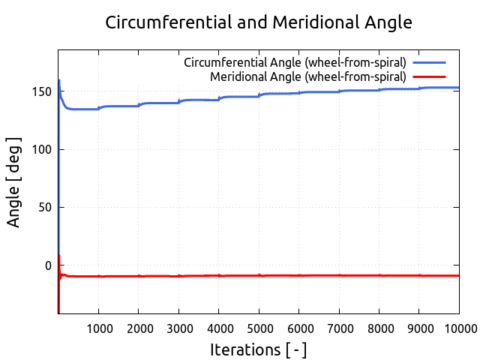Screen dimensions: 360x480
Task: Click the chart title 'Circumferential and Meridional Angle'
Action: (259, 22)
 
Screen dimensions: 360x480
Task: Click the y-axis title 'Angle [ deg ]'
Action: (14, 181)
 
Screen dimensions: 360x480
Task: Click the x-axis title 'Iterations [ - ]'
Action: (258, 349)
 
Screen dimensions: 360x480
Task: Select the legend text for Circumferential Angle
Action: (295, 62)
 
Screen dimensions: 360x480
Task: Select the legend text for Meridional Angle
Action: (308, 76)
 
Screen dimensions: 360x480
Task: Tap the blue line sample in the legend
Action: (429, 62)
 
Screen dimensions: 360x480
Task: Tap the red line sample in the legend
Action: (429, 76)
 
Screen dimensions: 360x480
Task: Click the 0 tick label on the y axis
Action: (48, 265)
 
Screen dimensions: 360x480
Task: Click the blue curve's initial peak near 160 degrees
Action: (58, 80)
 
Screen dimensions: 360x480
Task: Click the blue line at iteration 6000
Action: (298, 93)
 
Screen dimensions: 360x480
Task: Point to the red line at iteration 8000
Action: (379, 275)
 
